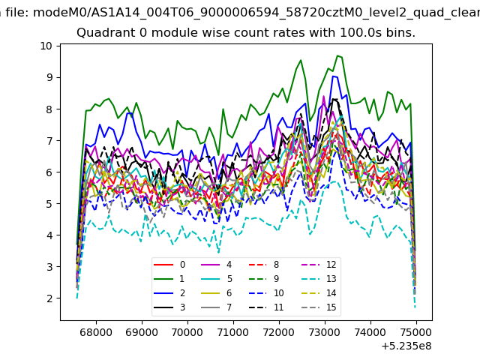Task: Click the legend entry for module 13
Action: (x=319, y=279)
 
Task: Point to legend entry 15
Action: (x=319, y=307)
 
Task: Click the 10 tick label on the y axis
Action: (x=46, y=46)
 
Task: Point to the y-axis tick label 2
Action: (x=49, y=298)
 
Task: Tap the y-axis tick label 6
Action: (x=49, y=172)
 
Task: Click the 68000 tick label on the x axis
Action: (x=96, y=332)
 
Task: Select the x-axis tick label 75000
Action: (x=416, y=332)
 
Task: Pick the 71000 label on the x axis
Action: (x=233, y=332)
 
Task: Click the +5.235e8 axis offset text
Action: (x=406, y=346)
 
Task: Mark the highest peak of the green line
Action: (x=337, y=55)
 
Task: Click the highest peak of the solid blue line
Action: (x=334, y=76)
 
